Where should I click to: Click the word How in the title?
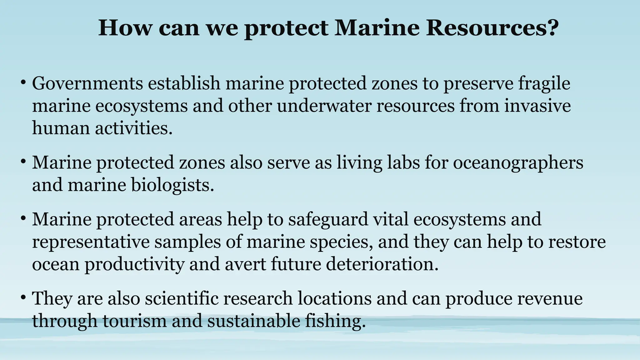coord(124,28)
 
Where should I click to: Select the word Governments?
coord(87,83)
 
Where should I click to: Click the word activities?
coord(133,128)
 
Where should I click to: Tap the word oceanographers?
coord(518,163)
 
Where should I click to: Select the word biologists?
coord(172,185)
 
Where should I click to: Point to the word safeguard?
coord(328,219)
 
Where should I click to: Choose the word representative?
coord(91,242)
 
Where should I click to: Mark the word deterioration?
coord(382,264)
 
